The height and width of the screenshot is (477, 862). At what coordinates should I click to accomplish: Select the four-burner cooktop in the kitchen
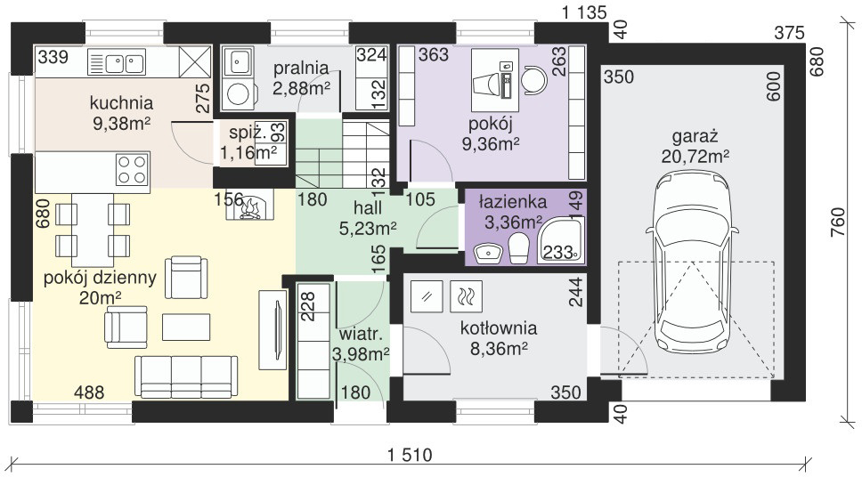point(133,169)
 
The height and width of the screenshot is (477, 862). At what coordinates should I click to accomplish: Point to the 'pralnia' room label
point(301,69)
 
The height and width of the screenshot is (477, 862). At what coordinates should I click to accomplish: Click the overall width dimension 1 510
point(410,455)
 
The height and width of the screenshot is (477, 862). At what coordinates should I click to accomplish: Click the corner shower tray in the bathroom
point(561,239)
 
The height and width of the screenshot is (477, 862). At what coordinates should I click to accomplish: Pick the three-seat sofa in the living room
point(186,376)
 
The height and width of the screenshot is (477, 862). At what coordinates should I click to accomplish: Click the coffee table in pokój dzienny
point(186,327)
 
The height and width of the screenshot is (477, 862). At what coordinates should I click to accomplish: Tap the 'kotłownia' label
point(499,328)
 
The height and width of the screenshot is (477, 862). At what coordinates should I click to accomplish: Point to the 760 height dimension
point(837,222)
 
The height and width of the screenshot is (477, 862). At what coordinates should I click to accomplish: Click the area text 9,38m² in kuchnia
point(122,124)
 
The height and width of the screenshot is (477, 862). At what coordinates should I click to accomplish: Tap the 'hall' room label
point(368,207)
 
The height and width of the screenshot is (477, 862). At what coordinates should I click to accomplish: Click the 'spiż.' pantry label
point(248,133)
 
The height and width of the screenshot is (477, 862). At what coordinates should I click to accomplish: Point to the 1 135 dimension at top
point(584,12)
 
